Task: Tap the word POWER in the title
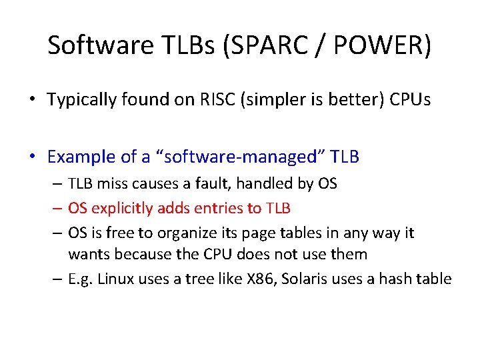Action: coord(364,46)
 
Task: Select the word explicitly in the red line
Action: coord(122,208)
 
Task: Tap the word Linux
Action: coord(116,279)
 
